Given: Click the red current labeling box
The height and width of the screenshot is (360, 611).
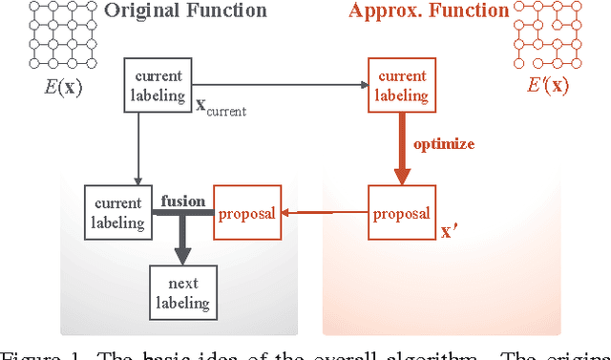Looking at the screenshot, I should click(400, 85).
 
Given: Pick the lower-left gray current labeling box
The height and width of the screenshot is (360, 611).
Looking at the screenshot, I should click(117, 213).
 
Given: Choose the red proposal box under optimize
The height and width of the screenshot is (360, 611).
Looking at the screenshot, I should click(400, 213).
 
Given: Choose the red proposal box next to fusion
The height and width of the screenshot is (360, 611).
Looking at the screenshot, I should click(247, 213).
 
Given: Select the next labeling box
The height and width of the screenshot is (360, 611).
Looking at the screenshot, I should click(182, 292).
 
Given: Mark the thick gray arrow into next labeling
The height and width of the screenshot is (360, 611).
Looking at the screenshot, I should click(182, 244).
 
